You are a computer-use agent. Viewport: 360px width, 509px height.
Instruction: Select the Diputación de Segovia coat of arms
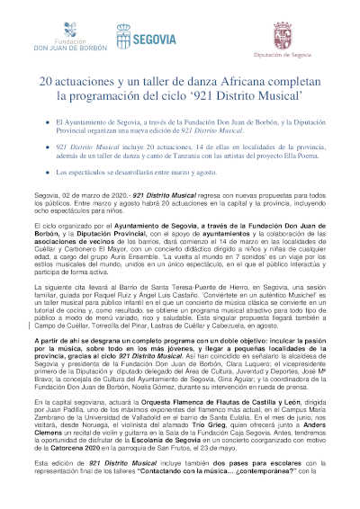(307, 34)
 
